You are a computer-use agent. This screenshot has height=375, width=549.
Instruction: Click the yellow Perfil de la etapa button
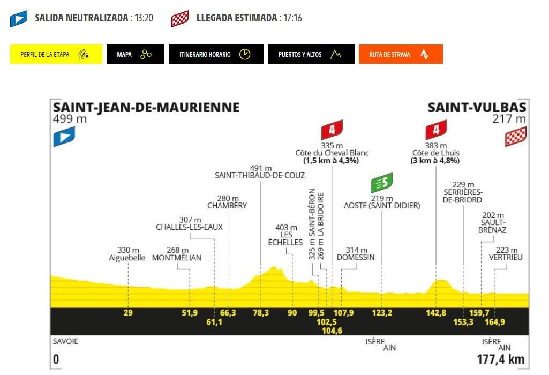(56, 54)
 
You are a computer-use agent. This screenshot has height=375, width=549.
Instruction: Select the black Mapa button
(134, 54)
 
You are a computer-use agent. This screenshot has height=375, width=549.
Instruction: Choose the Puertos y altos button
(311, 54)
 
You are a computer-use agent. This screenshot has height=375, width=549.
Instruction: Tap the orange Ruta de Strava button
(400, 54)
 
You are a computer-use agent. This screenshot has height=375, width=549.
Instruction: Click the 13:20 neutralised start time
(144, 18)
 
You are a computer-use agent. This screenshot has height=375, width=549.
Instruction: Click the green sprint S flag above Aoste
(382, 183)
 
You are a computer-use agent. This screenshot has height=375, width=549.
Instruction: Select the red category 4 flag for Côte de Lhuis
(436, 130)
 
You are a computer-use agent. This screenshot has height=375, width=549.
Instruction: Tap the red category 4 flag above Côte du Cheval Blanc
(332, 130)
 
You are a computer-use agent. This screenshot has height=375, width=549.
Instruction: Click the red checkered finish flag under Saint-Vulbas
(515, 137)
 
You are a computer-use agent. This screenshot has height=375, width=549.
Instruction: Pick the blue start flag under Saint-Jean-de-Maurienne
(64, 137)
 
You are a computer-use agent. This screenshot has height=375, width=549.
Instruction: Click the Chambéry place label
(227, 205)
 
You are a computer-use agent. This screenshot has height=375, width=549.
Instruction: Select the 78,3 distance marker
(261, 313)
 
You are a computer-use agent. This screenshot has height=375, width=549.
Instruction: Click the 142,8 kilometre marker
(436, 313)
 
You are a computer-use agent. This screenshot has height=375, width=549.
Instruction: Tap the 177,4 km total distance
(500, 359)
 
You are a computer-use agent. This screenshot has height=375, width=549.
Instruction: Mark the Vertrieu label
(506, 257)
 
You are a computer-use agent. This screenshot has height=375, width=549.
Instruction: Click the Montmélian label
(177, 257)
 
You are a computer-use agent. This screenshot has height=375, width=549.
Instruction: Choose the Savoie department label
(65, 341)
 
